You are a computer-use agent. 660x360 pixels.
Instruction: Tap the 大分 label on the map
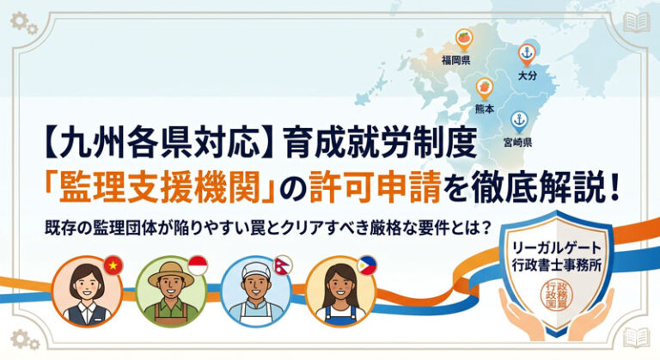[527, 77]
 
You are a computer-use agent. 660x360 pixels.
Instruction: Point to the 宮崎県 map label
[518, 142]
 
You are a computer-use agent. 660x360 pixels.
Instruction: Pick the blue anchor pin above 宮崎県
[518, 120]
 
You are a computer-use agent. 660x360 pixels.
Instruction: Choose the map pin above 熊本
[486, 87]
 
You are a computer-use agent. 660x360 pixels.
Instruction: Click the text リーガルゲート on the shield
[559, 247]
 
